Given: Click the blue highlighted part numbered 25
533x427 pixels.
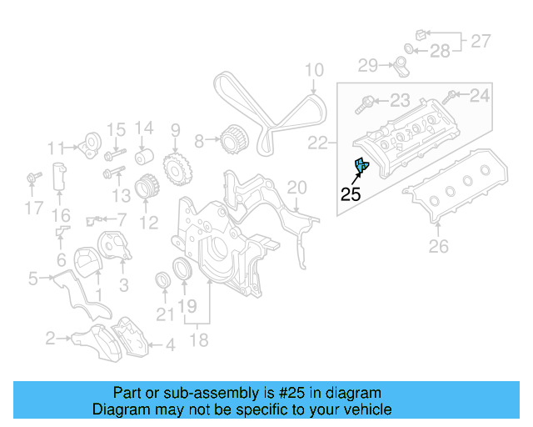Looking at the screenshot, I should tap(361, 167).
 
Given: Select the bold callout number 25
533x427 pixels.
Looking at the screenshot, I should tap(351, 195).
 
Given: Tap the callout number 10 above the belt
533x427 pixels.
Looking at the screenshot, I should tap(313, 70).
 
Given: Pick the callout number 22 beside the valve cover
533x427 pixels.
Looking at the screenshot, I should tap(318, 144).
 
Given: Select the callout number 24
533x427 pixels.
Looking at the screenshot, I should tap(480, 96).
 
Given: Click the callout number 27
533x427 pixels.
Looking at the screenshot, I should tap(481, 39).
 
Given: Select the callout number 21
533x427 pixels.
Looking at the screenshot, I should tap(163, 314).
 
